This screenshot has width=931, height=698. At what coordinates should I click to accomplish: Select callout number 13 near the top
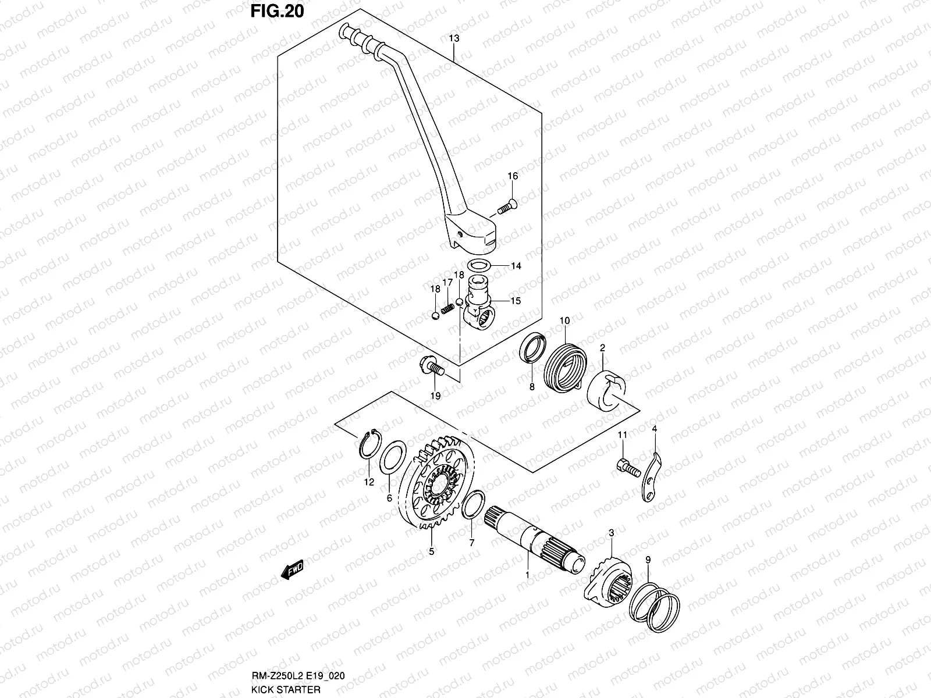tap(454, 38)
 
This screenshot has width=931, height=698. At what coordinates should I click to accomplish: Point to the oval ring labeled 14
tap(479, 266)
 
